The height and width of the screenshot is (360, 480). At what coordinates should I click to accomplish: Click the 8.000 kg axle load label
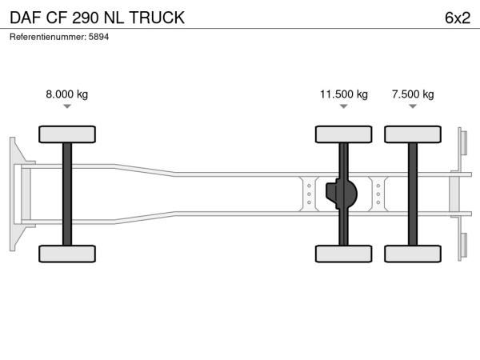pos(66,94)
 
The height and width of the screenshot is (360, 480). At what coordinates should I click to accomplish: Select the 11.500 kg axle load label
pos(344,94)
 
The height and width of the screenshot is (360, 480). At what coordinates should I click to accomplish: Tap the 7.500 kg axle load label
pos(413,94)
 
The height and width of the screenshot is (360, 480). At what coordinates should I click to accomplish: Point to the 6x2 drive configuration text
pos(458,18)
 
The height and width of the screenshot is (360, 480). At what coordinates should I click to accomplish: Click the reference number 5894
pos(98,37)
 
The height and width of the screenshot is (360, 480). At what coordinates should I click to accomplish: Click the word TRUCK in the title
pos(157,18)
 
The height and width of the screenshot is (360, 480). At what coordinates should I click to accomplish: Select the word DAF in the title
pos(26,18)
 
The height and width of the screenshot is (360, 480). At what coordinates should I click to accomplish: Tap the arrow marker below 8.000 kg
pos(67,106)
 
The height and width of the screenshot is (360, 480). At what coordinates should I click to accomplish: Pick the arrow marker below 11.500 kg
pos(344,106)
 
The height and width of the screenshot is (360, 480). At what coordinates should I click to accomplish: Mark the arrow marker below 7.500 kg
pos(413,106)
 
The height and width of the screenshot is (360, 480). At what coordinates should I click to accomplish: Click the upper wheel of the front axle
pos(67,134)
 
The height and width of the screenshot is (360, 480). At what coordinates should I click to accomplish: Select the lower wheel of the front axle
pos(67,254)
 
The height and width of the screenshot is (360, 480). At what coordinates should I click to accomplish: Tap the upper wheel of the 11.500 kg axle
pos(344,134)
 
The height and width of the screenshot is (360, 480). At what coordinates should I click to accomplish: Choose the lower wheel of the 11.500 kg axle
pos(344,254)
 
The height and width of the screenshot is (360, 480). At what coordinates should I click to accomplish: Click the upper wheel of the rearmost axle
pos(413,134)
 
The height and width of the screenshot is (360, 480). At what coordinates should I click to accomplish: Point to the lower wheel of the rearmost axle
pos(413,254)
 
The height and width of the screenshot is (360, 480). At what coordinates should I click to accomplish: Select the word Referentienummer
pos(48,37)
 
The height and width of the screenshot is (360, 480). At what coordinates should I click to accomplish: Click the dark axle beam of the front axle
pos(67,194)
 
